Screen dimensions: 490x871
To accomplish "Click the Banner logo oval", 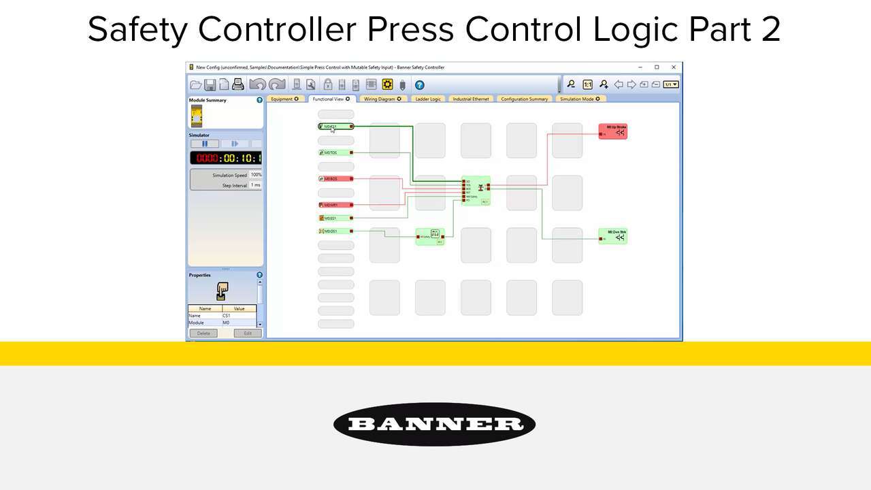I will tap(434, 425).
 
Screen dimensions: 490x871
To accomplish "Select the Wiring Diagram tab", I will tap(382, 99).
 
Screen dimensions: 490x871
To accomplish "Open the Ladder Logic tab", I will tap(428, 99).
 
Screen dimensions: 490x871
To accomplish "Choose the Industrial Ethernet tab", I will tap(471, 99).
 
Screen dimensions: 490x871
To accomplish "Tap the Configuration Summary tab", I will tap(524, 99).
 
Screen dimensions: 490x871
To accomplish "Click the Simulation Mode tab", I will tap(580, 99).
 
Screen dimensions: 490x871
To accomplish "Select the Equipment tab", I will tap(284, 99).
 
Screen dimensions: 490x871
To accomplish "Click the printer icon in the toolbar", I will tap(237, 84).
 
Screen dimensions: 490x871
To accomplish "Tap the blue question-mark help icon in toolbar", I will tap(420, 85).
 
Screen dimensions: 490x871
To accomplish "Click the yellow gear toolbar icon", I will tap(387, 84).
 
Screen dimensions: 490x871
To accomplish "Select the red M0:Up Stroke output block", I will tap(612, 131).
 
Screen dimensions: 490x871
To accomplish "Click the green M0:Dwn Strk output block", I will tap(612, 235).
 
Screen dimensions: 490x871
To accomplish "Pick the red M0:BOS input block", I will tap(336, 179).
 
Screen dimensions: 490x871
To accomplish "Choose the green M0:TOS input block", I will tap(336, 153).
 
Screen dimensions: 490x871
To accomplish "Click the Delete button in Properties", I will tap(203, 333).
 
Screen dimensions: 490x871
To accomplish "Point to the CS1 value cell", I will tap(238, 316).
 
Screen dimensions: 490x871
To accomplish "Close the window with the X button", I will tap(674, 67).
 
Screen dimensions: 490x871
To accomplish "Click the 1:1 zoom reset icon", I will tap(587, 84).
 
